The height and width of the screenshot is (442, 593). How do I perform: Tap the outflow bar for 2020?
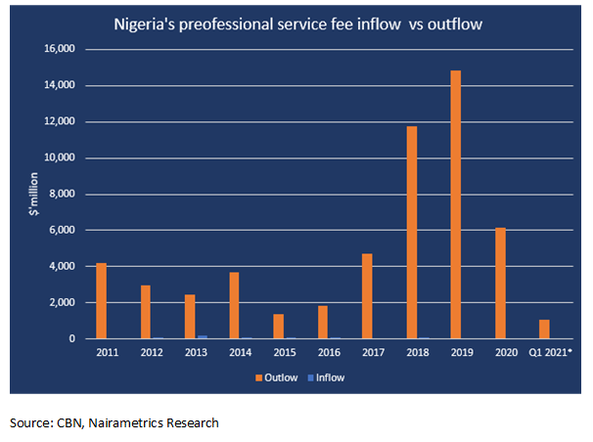click(501, 283)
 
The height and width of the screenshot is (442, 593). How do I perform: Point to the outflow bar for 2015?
click(279, 326)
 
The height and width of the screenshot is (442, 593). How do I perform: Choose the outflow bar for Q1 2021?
click(545, 329)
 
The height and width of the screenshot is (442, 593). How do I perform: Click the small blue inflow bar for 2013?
click(202, 336)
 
